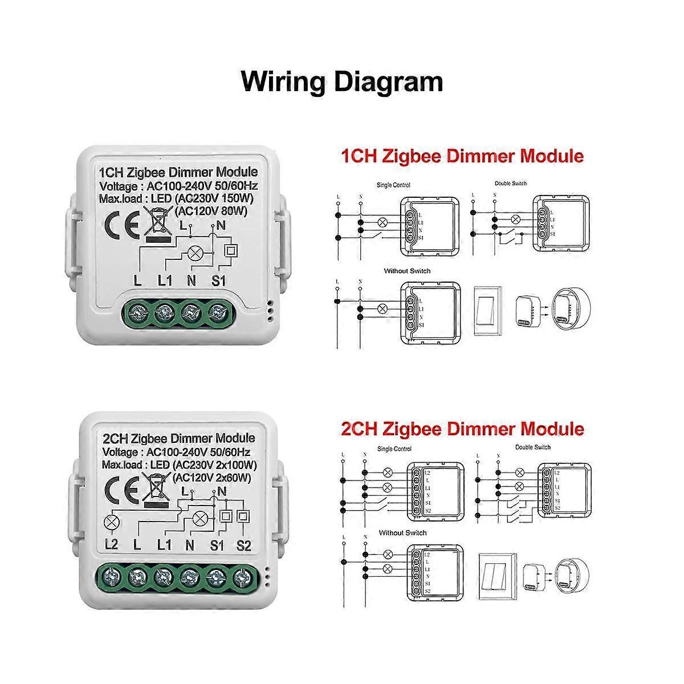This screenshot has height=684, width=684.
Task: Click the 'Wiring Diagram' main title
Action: [x=342, y=81]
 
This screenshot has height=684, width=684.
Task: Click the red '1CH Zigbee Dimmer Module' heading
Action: [x=462, y=156]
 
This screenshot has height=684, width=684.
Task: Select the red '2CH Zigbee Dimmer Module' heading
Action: [x=462, y=429]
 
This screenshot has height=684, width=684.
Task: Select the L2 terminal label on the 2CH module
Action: [x=111, y=545]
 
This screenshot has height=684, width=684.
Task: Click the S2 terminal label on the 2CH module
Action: [x=243, y=545]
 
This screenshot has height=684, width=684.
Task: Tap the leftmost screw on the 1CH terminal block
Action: [x=138, y=311]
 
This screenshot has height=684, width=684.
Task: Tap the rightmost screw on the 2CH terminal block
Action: [x=243, y=577]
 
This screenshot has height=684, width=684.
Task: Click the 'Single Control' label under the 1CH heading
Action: [x=393, y=185]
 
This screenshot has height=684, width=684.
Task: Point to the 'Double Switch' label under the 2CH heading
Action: [x=533, y=447]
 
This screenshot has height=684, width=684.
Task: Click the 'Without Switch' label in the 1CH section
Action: [x=407, y=271]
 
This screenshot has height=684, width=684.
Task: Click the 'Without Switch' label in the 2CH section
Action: [x=402, y=532]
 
